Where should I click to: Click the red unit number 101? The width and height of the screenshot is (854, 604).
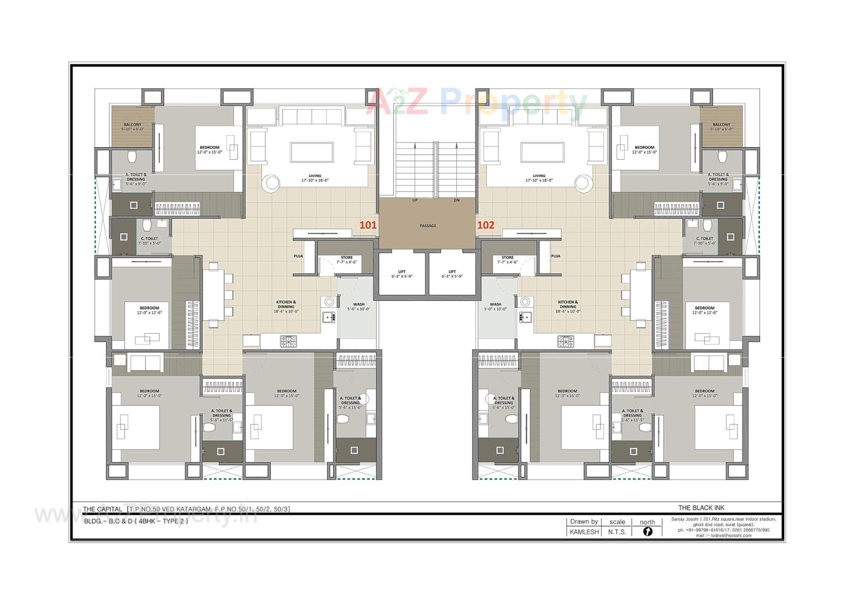coord(368,225)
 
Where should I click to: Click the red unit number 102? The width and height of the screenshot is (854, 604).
coord(485,225)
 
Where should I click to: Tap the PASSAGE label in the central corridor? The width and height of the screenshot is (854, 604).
coord(427,226)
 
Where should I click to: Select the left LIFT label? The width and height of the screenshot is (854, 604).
coord(402,272)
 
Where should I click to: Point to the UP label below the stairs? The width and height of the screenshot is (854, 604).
coord(415,200)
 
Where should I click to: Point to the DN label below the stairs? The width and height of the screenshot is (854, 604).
coord(456,200)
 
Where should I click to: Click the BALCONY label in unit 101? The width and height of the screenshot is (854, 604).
coord(133,125)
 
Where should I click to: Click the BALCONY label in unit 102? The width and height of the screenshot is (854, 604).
coord(721,125)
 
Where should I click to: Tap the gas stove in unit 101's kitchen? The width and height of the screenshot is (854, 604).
coord(288,341)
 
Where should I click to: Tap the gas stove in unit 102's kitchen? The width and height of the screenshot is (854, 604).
coord(565,341)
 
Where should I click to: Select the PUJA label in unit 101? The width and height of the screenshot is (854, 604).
coord(298,256)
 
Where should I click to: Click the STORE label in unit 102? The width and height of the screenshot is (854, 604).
coord(507,257)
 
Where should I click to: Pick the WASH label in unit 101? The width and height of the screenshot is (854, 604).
coord(359,304)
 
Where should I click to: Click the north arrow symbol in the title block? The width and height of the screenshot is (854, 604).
coord(647,531)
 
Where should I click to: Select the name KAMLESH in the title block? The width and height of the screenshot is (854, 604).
coord(584,532)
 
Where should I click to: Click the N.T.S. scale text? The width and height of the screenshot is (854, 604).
coord(617,532)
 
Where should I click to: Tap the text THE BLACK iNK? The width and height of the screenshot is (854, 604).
coord(701,507)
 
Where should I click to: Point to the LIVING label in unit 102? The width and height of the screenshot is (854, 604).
coord(539,176)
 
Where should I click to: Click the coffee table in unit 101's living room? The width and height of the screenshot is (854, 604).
coord(312,152)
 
